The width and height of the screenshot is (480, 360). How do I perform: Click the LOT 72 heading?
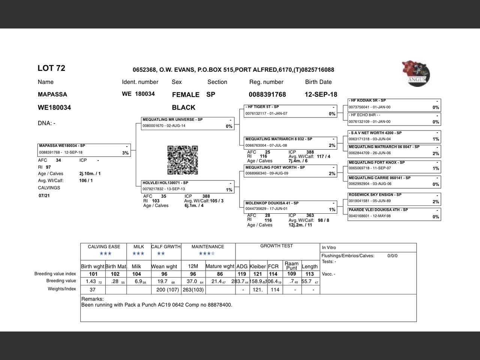pyautogui.click(x=51, y=68)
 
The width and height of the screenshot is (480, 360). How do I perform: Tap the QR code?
pyautogui.click(x=182, y=160)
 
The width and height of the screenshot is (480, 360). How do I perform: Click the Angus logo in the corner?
pyautogui.click(x=416, y=73)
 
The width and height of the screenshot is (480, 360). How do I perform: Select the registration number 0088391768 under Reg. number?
pyautogui.click(x=267, y=94)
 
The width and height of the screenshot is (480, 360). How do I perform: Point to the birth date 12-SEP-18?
pyautogui.click(x=321, y=94)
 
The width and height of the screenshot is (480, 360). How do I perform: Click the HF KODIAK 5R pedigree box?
pyautogui.click(x=394, y=104)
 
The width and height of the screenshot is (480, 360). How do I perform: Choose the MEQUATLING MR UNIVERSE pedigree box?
pyautogui.click(x=187, y=123)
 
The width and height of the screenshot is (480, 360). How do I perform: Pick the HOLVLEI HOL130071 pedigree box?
pyautogui.click(x=187, y=186)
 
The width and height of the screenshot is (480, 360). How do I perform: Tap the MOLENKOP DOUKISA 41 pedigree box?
pyautogui.click(x=290, y=206)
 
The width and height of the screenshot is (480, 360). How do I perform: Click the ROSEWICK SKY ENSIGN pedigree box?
pyautogui.click(x=394, y=198)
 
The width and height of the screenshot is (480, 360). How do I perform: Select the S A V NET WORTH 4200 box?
pyautogui.click(x=394, y=136)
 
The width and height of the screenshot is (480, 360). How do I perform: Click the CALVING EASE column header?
pyautogui.click(x=104, y=247)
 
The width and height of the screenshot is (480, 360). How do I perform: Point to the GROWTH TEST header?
pyautogui.click(x=276, y=246)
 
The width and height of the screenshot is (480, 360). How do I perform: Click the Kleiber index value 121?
pyautogui.click(x=258, y=274)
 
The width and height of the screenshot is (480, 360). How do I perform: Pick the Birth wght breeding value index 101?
pyautogui.click(x=93, y=274)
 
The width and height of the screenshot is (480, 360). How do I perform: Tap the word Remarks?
pyautogui.click(x=92, y=299)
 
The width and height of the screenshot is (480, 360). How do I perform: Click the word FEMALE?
pyautogui.click(x=186, y=95)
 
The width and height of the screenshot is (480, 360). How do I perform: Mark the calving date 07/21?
pyautogui.click(x=44, y=196)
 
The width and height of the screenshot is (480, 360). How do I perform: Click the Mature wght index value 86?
pyautogui.click(x=220, y=274)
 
